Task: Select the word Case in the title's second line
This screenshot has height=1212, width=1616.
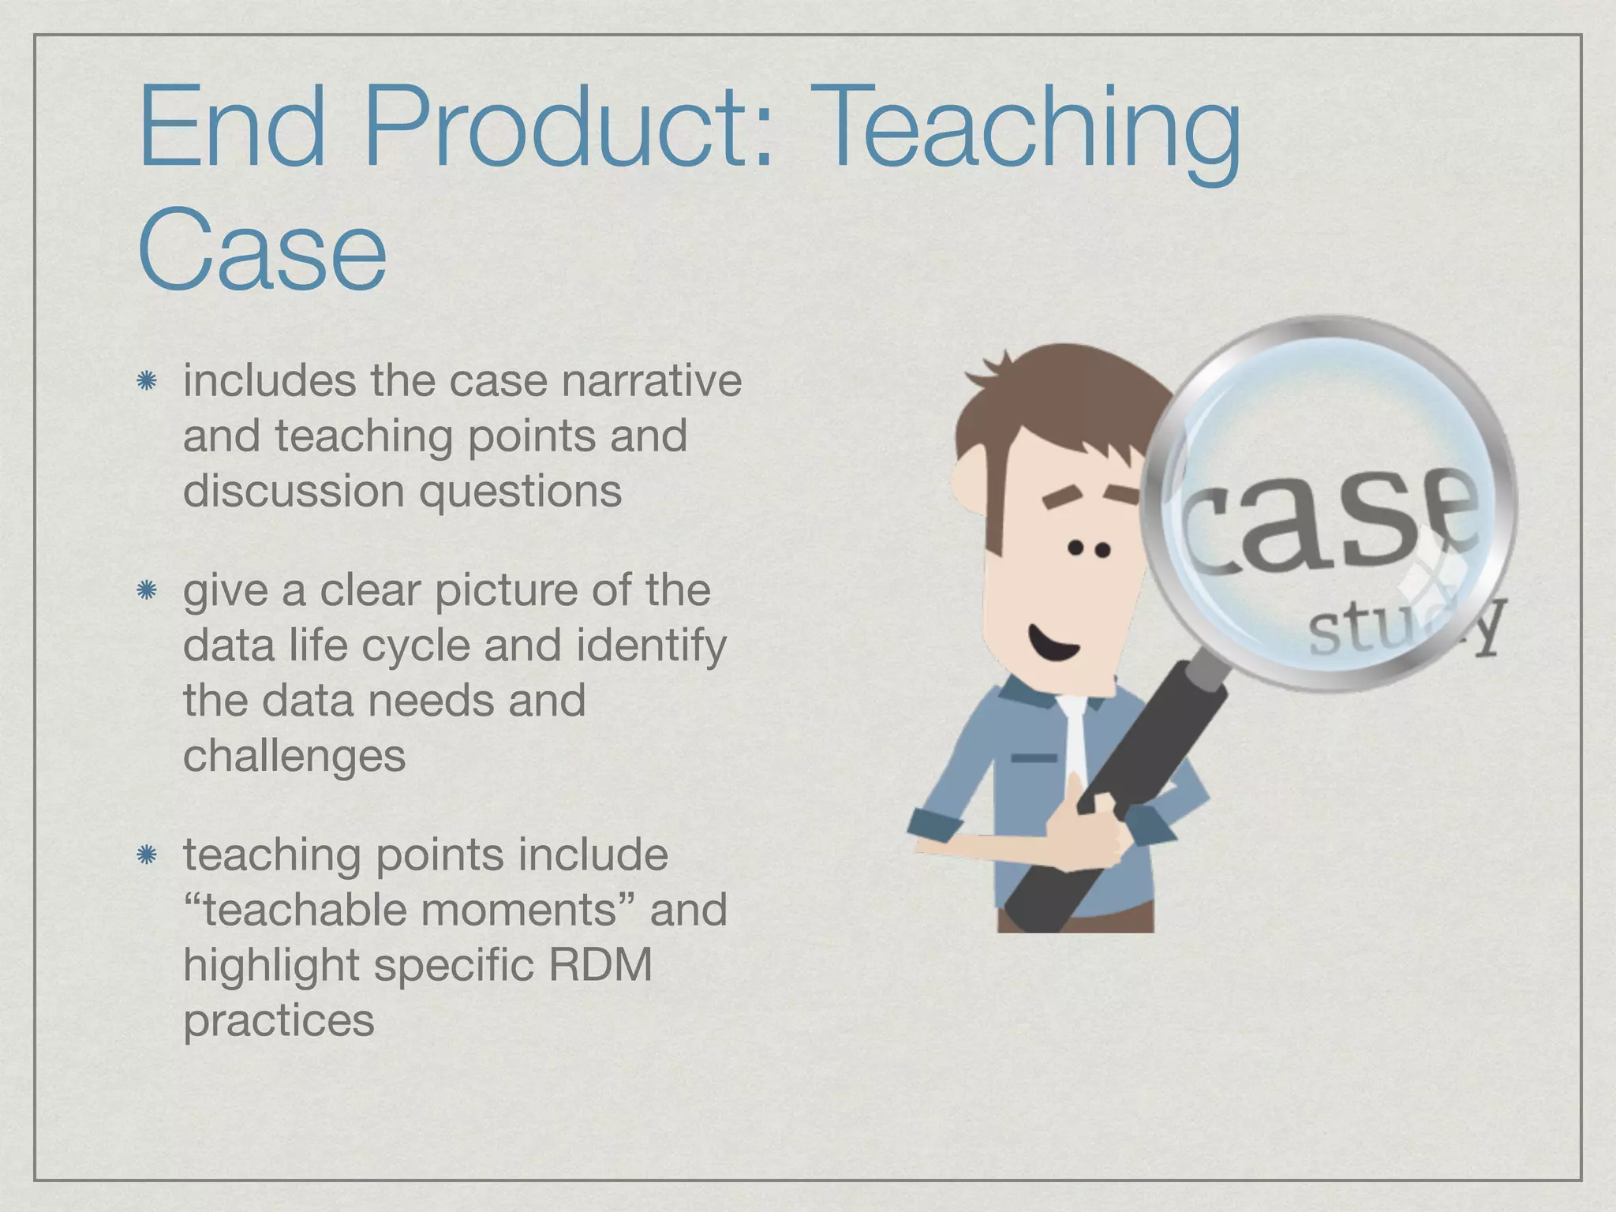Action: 262,249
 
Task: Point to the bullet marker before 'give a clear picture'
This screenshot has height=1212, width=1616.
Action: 146,591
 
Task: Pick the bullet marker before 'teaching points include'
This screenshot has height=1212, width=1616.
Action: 146,855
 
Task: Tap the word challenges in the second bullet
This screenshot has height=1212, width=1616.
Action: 294,757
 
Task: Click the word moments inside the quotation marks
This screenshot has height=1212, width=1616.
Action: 518,910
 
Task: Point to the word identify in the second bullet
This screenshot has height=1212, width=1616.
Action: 652,646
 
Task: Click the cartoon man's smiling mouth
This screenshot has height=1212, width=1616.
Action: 1051,643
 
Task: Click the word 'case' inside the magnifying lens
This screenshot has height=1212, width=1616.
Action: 1334,521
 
